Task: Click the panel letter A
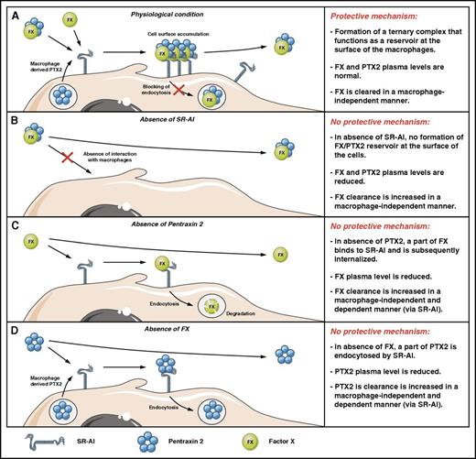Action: point(8,11)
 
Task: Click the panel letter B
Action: point(8,116)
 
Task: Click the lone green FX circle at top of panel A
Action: point(70,18)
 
